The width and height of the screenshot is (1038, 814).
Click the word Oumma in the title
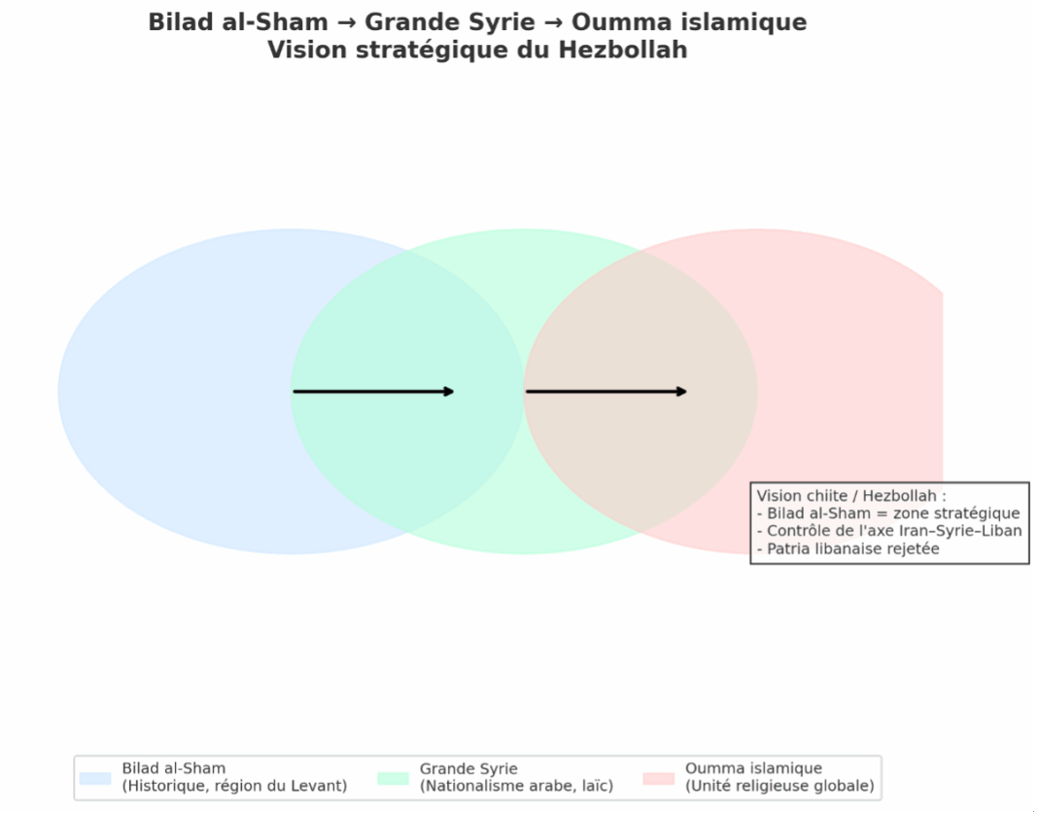click(x=621, y=21)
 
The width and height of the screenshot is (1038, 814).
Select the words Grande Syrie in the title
click(x=449, y=21)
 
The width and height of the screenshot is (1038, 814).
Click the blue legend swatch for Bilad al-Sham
click(x=95, y=778)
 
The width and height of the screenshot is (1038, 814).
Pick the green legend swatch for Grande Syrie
click(x=393, y=778)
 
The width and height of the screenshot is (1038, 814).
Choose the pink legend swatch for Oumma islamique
click(x=658, y=778)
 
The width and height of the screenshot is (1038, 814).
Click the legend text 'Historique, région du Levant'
click(x=234, y=786)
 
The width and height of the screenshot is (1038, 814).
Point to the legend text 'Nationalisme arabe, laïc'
click(x=516, y=786)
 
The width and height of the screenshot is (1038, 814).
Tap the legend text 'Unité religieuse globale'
click(x=779, y=786)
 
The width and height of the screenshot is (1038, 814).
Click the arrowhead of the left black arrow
click(x=448, y=392)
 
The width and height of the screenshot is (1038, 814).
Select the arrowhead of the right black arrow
click(x=680, y=392)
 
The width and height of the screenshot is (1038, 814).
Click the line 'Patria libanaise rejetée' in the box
click(x=848, y=549)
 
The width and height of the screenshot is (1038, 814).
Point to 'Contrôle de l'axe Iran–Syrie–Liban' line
click(x=888, y=531)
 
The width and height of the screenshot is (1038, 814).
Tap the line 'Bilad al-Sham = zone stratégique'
click(x=888, y=513)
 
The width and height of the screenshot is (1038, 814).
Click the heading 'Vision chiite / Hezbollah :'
click(x=851, y=496)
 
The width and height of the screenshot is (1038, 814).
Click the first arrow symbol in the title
click(x=346, y=21)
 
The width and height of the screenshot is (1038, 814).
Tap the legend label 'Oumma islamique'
click(x=753, y=768)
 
